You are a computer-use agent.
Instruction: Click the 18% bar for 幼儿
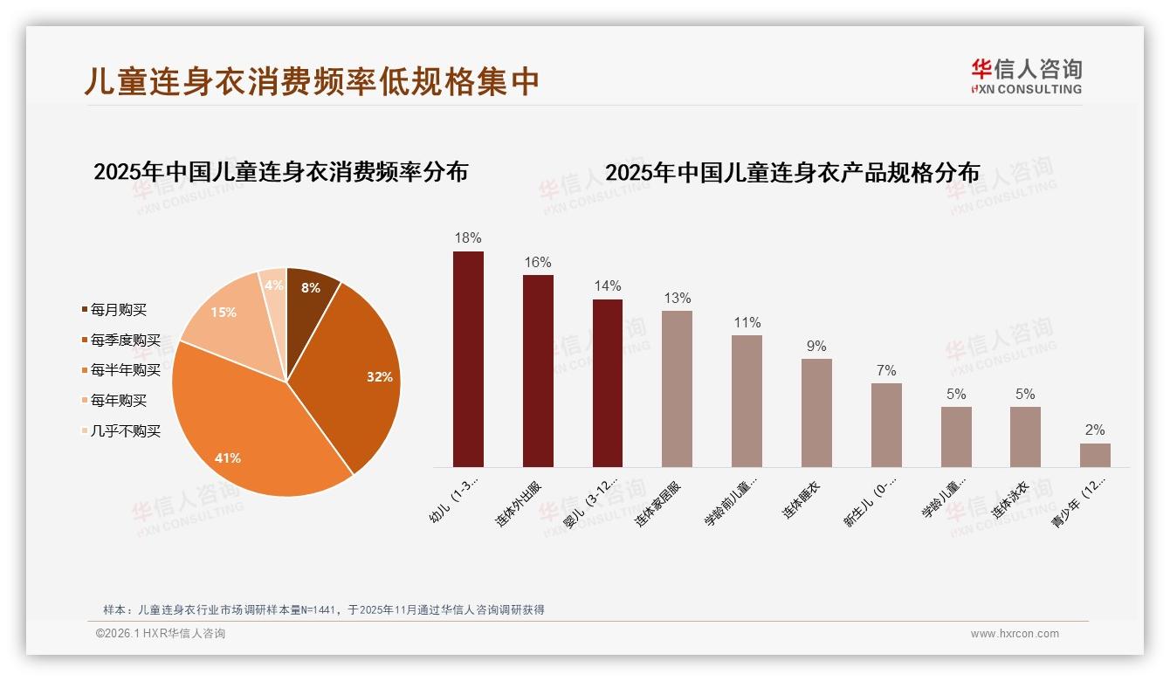468,359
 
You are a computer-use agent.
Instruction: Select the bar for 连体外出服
538,371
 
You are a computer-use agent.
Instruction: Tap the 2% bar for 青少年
1095,455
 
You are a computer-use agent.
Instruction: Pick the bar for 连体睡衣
816,412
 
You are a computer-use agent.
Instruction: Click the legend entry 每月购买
118,310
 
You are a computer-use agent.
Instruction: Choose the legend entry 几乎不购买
125,431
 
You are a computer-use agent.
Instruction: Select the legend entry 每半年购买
125,370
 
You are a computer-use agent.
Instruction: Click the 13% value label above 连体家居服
677,299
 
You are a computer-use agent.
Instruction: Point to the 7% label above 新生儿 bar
886,370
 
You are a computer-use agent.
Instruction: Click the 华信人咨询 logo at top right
1027,76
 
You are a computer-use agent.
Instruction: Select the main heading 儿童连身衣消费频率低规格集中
312,81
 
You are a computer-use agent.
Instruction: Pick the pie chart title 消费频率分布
280,172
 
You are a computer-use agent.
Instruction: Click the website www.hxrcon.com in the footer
1015,634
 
